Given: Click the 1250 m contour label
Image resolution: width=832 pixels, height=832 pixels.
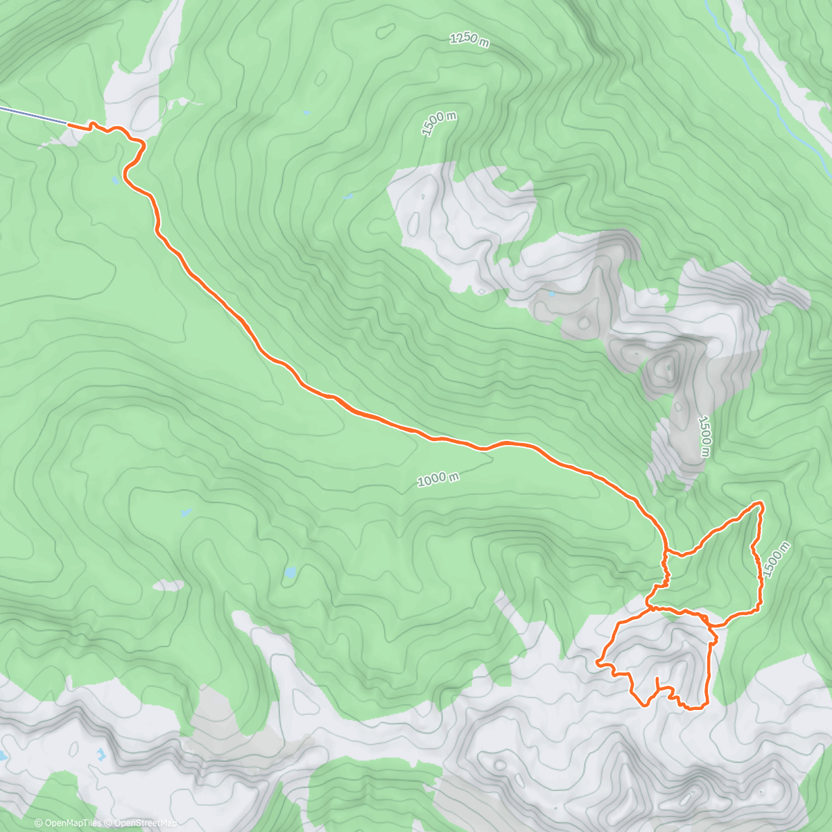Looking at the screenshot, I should click(x=469, y=40).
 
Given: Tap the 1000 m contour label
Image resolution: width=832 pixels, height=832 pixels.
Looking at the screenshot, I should click(x=438, y=479).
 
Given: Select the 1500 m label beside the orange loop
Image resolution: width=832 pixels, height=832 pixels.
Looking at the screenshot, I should click(x=776, y=560).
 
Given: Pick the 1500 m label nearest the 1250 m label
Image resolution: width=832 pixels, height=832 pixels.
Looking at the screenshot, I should click(x=438, y=124).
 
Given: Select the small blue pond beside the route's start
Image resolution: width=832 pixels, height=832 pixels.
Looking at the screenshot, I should click(x=115, y=181).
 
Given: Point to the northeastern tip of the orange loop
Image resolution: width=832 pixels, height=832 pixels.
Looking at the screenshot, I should click(x=761, y=503).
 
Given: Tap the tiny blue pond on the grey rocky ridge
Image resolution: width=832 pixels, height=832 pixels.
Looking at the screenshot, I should click(x=551, y=294).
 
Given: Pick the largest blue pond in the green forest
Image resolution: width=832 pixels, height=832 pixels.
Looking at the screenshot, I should click(x=290, y=573).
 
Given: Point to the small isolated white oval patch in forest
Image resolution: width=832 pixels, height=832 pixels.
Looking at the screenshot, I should click(x=168, y=586).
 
